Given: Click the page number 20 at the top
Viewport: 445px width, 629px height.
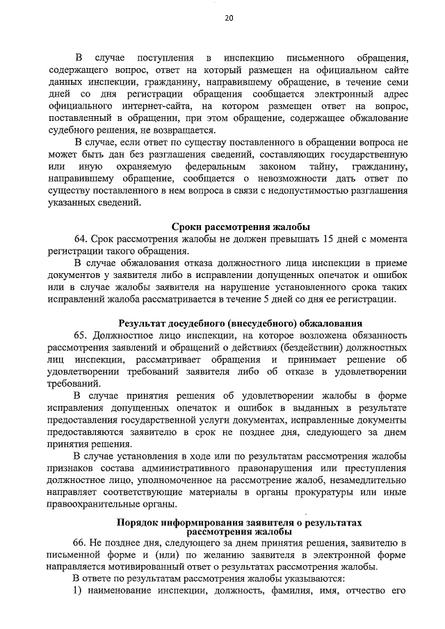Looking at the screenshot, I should pyautogui.click(x=229, y=19).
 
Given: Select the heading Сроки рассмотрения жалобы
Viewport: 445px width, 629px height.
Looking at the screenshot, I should pyautogui.click(x=240, y=226).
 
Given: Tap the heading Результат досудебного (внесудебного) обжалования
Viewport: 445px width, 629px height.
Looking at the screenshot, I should pyautogui.click(x=240, y=322).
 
